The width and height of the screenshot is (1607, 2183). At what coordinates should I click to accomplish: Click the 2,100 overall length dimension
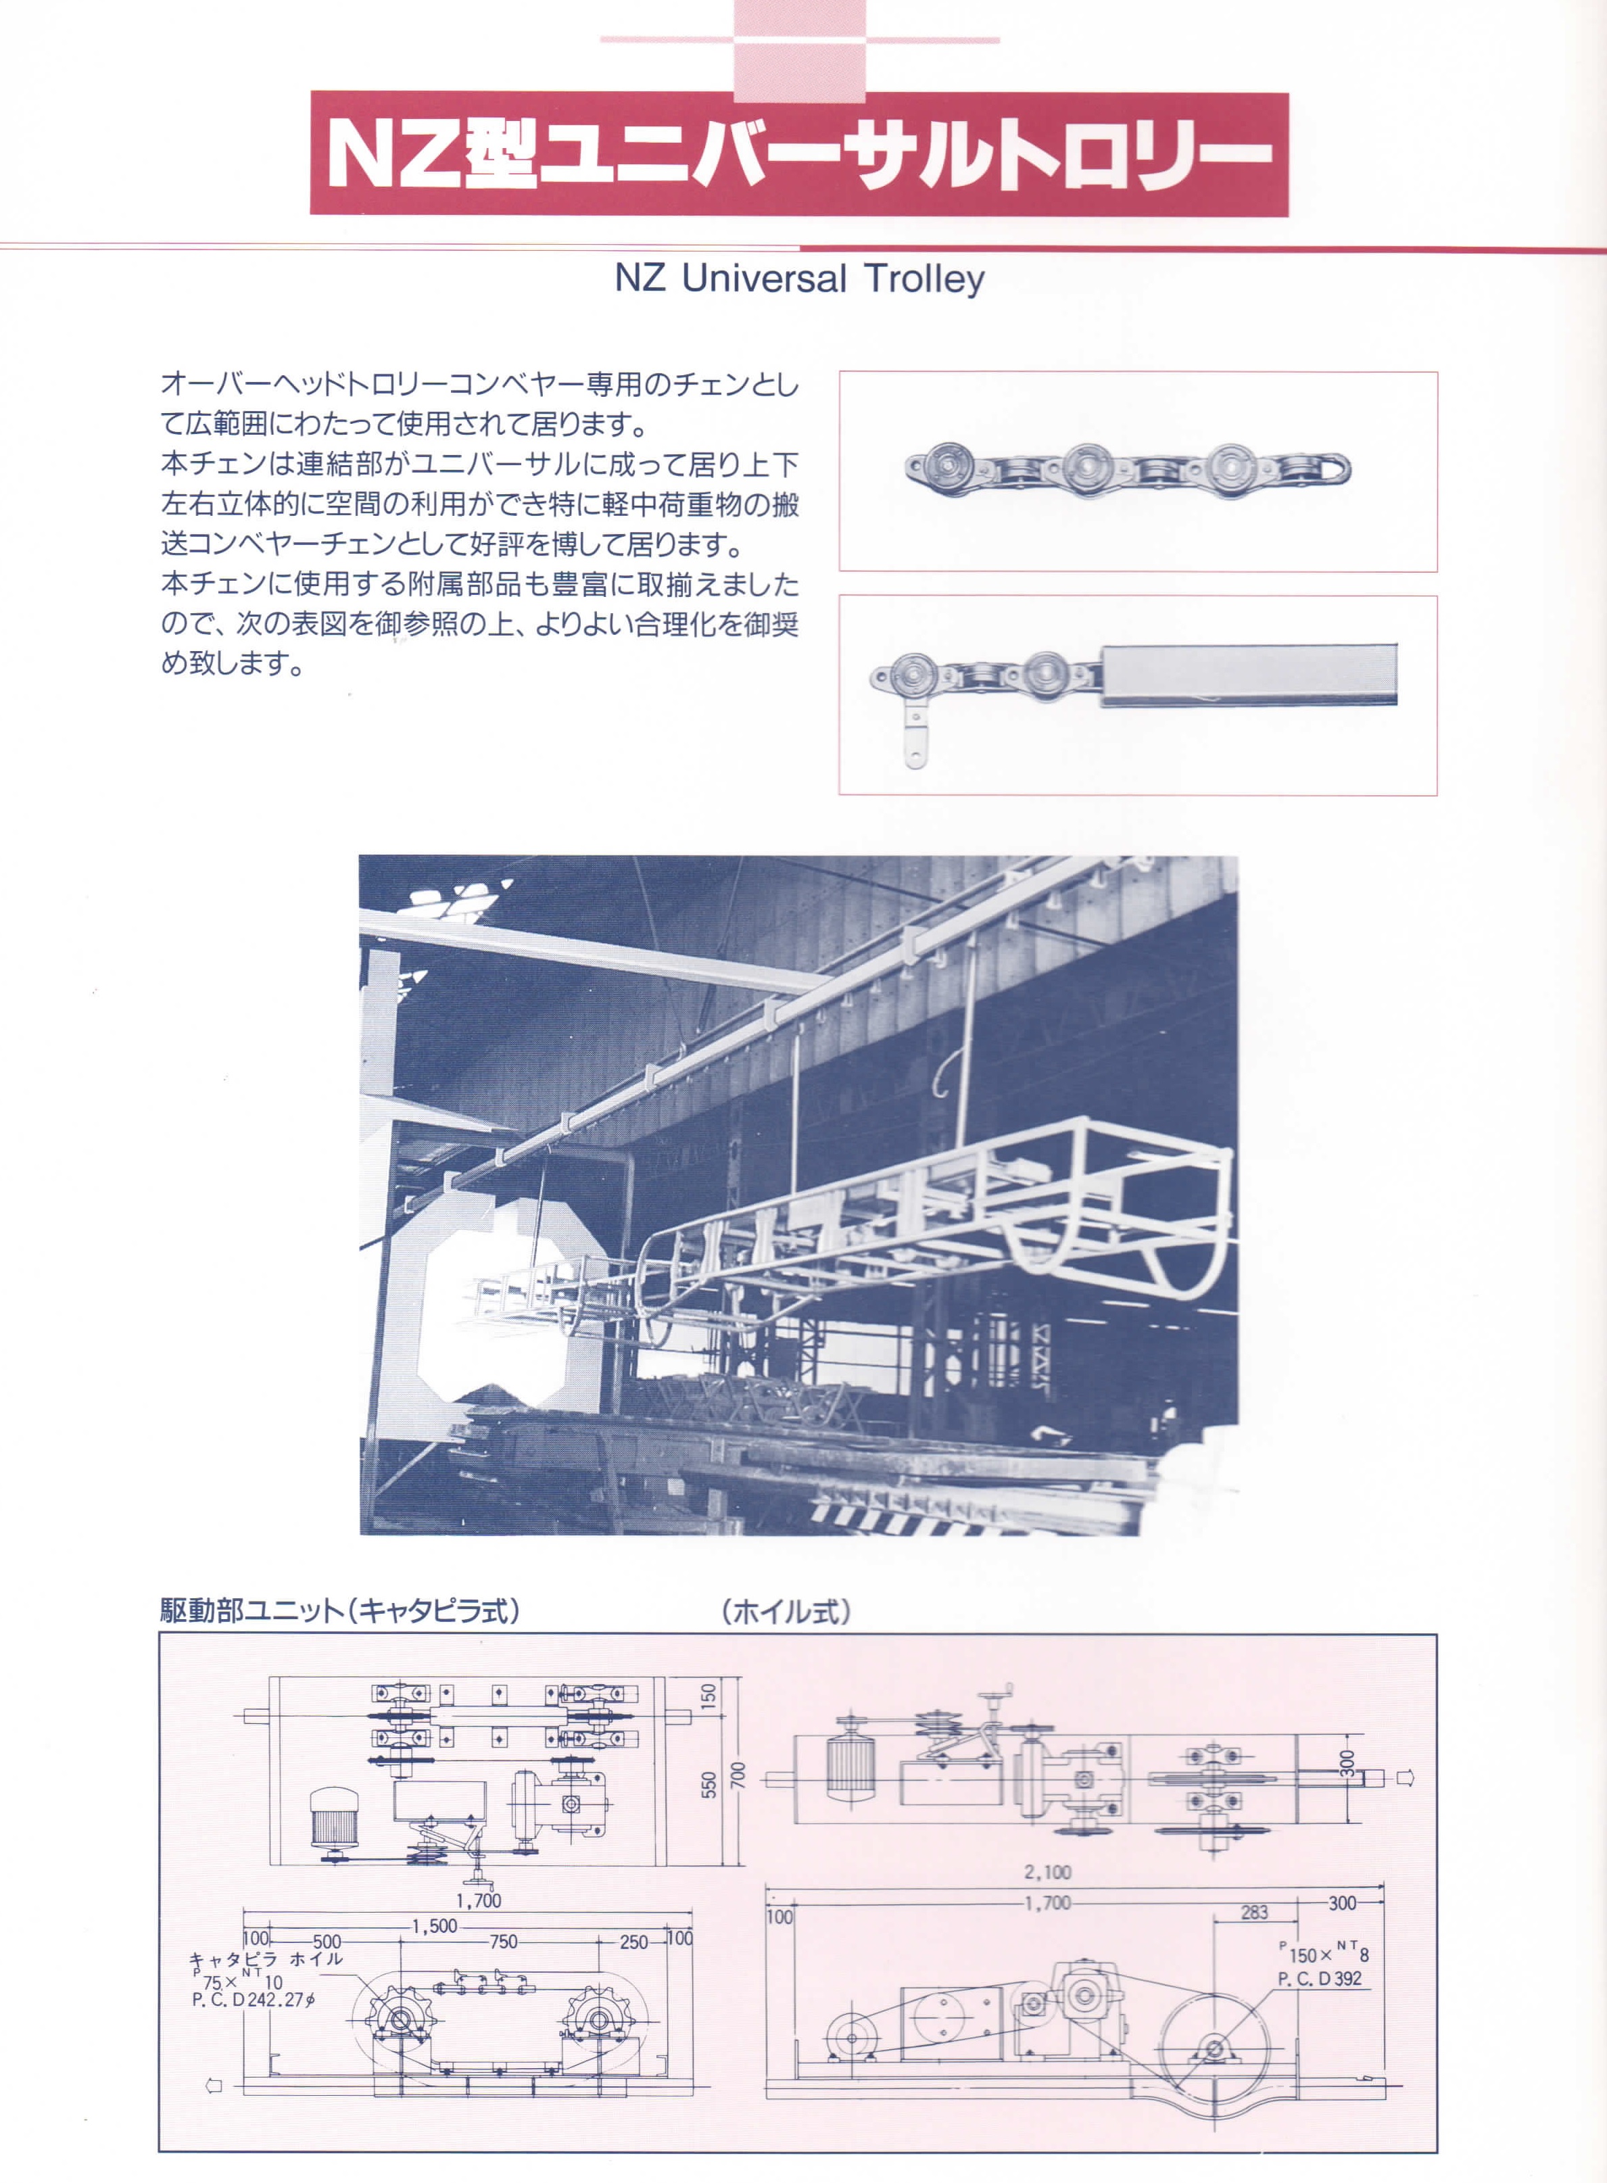(x=1048, y=1872)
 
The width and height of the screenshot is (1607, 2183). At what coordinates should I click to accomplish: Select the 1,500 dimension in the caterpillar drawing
(x=434, y=1926)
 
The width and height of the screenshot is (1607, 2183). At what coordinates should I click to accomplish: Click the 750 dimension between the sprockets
(x=503, y=1942)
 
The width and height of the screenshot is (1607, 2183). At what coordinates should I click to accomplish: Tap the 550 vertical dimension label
(x=709, y=1784)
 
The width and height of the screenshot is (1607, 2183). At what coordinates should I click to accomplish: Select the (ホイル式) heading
(x=786, y=1612)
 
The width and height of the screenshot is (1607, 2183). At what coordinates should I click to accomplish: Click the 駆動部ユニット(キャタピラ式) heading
(x=341, y=1611)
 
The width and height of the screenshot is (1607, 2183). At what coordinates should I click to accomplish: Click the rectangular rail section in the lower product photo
(x=1250, y=673)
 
